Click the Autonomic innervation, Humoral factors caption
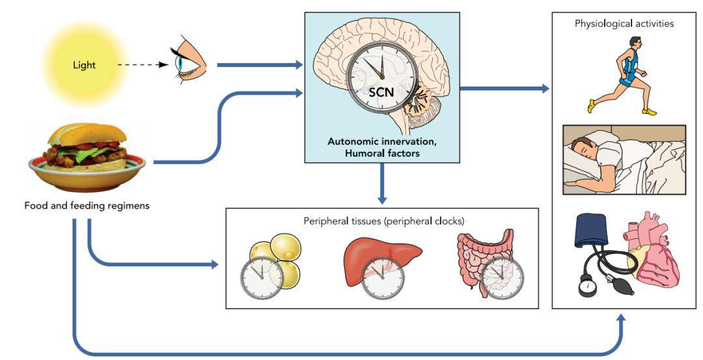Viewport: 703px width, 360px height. click(x=381, y=146)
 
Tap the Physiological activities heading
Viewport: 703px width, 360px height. click(x=624, y=24)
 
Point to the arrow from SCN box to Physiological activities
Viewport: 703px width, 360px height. click(x=504, y=87)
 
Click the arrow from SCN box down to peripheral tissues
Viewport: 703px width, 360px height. click(x=382, y=183)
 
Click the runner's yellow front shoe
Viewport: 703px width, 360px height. click(x=592, y=107)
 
